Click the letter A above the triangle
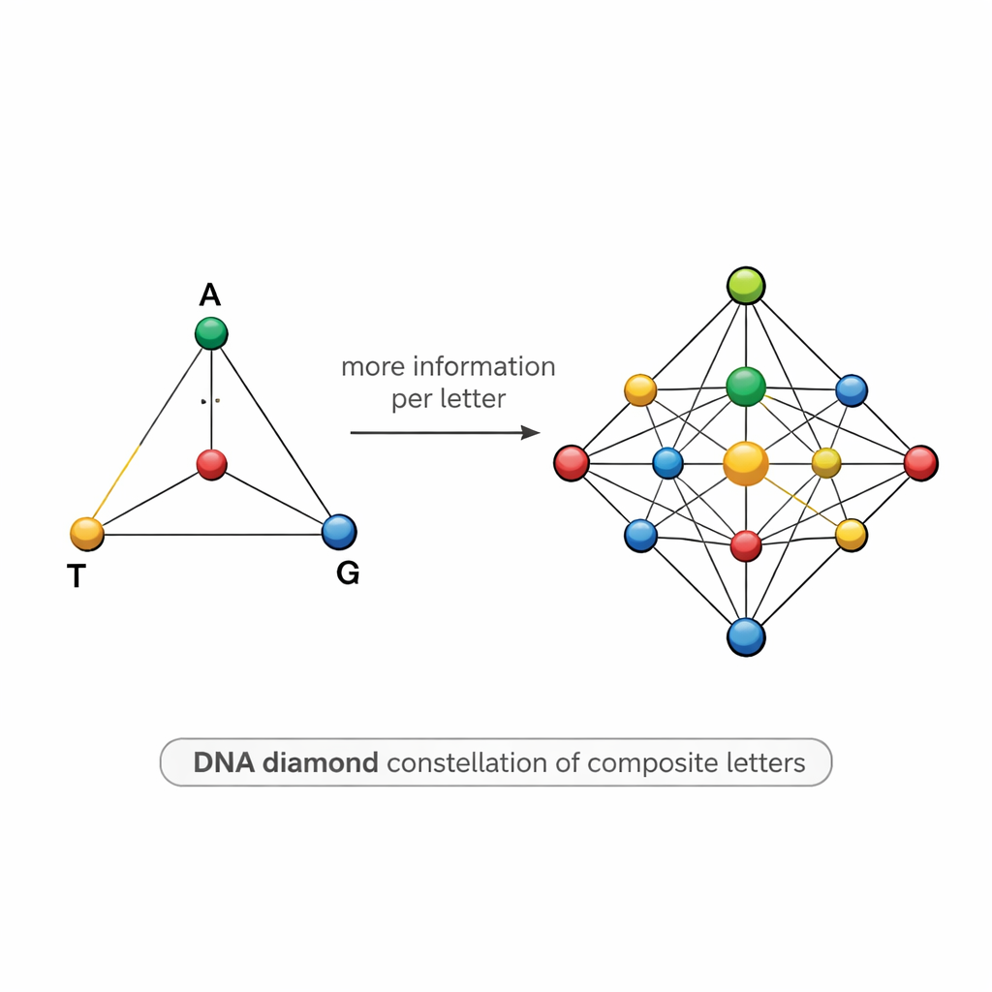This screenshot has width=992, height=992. (210, 294)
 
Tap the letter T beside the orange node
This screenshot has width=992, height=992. (76, 577)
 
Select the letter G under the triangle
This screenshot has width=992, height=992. (347, 573)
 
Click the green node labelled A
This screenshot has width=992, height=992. (210, 333)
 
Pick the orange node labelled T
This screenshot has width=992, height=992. (87, 533)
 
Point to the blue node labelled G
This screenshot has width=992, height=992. (338, 531)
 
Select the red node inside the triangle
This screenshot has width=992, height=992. (211, 464)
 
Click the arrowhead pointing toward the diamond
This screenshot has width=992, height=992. (531, 432)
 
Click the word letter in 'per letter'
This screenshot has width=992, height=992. (475, 399)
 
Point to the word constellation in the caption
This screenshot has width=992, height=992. (468, 763)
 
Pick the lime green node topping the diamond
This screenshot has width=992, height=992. (746, 286)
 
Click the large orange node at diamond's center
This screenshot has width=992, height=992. (746, 463)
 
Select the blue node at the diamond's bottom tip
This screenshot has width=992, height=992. (746, 636)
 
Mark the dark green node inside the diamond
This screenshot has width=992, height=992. (746, 387)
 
